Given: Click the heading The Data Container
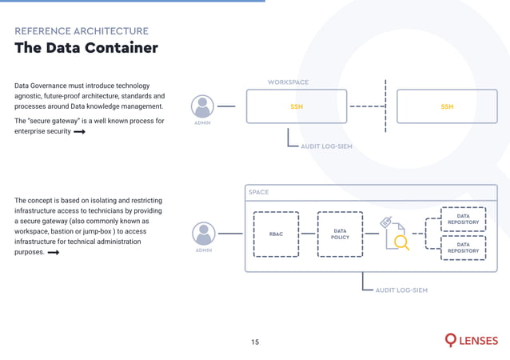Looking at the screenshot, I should pos(86,48).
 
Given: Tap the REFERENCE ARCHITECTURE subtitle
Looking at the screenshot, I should pos(82,31).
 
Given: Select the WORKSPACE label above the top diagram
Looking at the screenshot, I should pos(288,82).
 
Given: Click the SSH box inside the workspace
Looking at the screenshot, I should pos(297,106).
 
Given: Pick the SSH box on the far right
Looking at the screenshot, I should pos(447,106).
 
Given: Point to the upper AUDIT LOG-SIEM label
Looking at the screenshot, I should pos(326,147).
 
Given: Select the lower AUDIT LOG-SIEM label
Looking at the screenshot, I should pos(401,290).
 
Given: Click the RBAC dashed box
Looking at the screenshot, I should pos(276,234).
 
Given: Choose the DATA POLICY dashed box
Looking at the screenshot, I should pos(340,234).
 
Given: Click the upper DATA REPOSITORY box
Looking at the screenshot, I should pos(463,219).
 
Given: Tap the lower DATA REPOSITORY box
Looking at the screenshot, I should pos(463,248).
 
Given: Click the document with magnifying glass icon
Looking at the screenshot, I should pos(395,234).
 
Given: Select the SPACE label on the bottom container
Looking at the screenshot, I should pos(259,192).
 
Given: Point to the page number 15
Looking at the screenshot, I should pos(255,342).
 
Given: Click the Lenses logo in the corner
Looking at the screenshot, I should pos(471,341).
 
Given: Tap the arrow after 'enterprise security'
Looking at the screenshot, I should pos(79,132).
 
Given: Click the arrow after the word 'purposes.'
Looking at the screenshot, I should pos(54,253).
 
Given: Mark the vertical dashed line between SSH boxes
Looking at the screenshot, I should pos(385,106).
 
